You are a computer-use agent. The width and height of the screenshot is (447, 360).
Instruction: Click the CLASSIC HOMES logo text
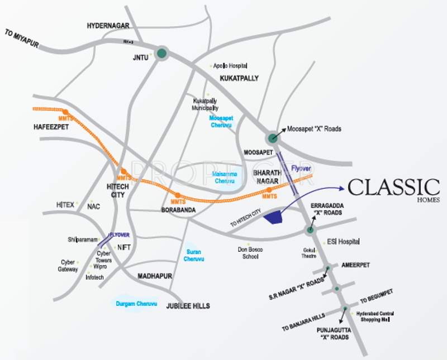tap(393, 188)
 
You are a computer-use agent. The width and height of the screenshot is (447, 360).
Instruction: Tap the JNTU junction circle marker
tap(161, 54)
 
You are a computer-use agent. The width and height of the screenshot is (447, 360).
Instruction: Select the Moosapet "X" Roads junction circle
tap(273, 138)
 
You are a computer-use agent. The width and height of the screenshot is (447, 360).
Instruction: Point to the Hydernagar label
tap(108, 26)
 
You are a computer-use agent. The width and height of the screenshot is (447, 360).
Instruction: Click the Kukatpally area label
tap(239, 78)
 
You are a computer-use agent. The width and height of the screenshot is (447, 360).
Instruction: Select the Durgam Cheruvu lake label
tap(136, 304)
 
